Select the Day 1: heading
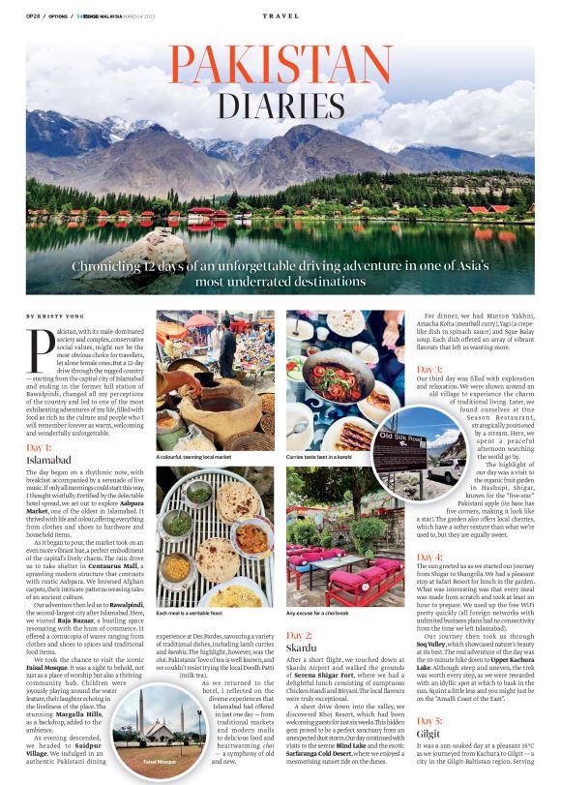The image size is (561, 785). point(41,447)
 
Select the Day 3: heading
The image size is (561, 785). point(429,369)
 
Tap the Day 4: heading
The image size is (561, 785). point(429,557)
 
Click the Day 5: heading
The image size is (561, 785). point(429,722)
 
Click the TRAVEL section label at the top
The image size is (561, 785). point(280,16)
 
